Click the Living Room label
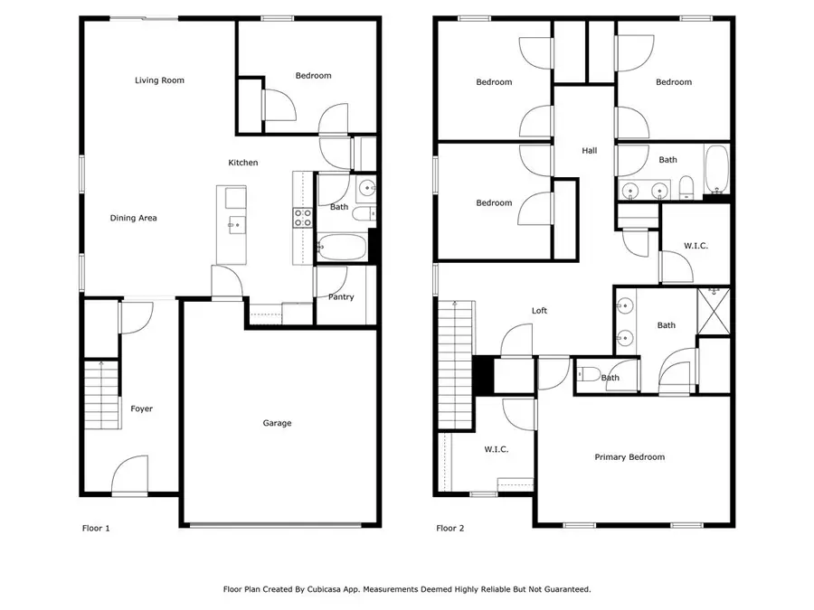159,80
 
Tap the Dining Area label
134,218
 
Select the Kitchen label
242,163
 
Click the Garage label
277,423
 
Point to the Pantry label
341,297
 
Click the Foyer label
141,408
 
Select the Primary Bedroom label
629,457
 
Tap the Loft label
539,311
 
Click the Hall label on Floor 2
589,151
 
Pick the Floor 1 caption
94,529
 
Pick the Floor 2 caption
450,529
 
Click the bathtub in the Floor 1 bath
341,246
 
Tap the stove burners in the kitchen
302,217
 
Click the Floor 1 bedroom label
313,76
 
